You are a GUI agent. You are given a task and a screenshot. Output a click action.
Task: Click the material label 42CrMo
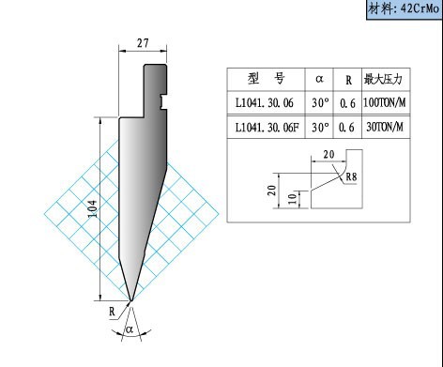pos(420,9)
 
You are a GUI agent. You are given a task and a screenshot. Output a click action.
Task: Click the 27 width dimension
pos(143,43)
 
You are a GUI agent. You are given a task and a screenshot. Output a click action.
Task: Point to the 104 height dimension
pos(93,208)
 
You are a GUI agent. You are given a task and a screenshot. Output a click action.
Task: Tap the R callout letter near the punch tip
pos(112,312)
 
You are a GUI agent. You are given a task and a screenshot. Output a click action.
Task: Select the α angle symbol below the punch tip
pos(130,329)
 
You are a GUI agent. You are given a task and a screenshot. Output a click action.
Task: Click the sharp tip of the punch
pos(131,300)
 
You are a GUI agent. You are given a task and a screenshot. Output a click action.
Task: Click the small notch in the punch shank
pos(163,102)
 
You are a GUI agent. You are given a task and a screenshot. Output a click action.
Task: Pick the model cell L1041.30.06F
pos(267,128)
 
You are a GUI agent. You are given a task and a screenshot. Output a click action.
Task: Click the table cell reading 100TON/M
pos(385,102)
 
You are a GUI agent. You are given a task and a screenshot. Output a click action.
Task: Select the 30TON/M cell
pos(385,127)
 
